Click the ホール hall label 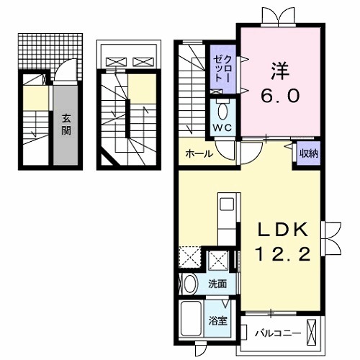coord(198,154)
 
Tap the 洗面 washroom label coord(218,284)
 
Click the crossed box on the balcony coord(312,333)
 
